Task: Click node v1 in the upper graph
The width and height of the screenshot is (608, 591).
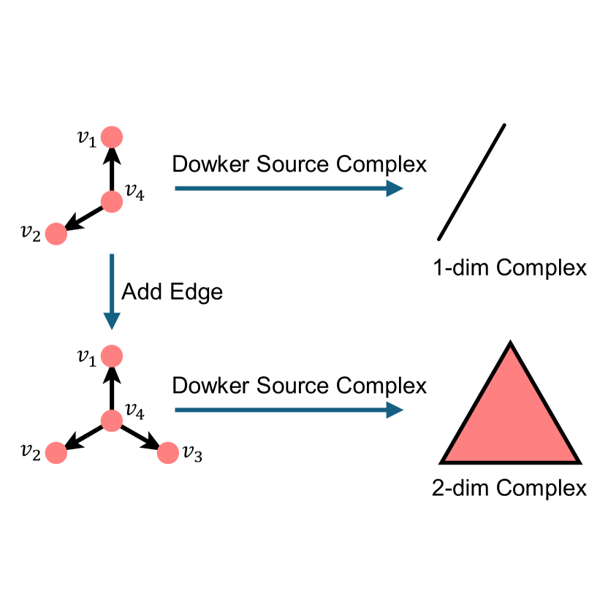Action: tap(111, 137)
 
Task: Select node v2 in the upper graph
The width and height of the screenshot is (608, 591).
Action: tap(56, 234)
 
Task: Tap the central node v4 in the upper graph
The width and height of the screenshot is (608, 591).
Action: tap(111, 202)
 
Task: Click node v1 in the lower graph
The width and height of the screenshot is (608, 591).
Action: tap(111, 356)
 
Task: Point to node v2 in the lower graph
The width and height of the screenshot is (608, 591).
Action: tap(56, 453)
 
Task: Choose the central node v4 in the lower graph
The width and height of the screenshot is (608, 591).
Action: tap(111, 421)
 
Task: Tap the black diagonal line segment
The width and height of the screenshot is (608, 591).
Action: tap(471, 182)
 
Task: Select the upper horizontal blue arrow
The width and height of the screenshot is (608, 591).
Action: tap(289, 188)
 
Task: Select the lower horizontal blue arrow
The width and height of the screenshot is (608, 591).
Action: tap(289, 410)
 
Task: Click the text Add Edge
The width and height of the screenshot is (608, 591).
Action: tap(172, 291)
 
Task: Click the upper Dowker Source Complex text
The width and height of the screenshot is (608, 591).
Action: tap(299, 164)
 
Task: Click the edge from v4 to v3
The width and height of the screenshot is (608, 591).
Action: tap(138, 436)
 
